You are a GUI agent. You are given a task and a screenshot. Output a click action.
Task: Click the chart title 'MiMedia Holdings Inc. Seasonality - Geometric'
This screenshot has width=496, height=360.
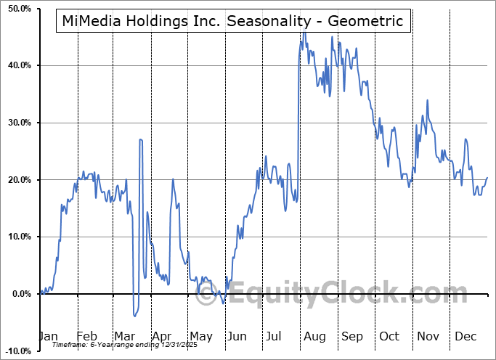232,21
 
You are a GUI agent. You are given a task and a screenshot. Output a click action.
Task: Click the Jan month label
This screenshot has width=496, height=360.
47,337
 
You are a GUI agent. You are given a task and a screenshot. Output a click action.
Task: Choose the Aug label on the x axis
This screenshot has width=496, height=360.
314,337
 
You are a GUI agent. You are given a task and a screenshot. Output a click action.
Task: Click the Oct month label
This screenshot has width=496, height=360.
389,337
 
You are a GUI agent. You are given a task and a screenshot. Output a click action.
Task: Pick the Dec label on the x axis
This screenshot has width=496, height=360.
465,337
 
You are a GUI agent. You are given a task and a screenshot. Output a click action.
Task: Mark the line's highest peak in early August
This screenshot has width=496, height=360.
304,33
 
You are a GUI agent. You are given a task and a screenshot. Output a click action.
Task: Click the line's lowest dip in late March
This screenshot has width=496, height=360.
134,316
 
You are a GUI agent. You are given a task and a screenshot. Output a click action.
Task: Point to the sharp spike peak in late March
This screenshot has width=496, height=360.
140,139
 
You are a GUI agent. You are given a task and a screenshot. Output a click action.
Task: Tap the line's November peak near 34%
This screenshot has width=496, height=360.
427,100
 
